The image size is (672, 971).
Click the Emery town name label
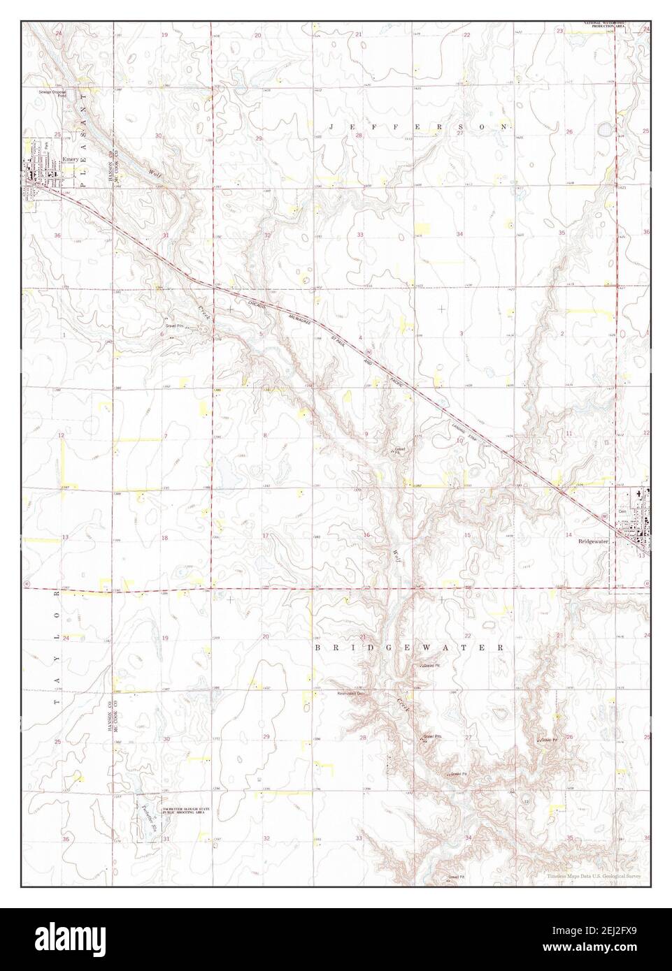point(69,160)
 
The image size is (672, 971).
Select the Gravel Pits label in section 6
point(174,326)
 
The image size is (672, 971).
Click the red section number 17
point(265,536)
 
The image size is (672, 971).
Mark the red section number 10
point(460,440)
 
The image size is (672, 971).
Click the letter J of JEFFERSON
point(332,126)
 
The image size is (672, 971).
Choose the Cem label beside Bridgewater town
point(622,511)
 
